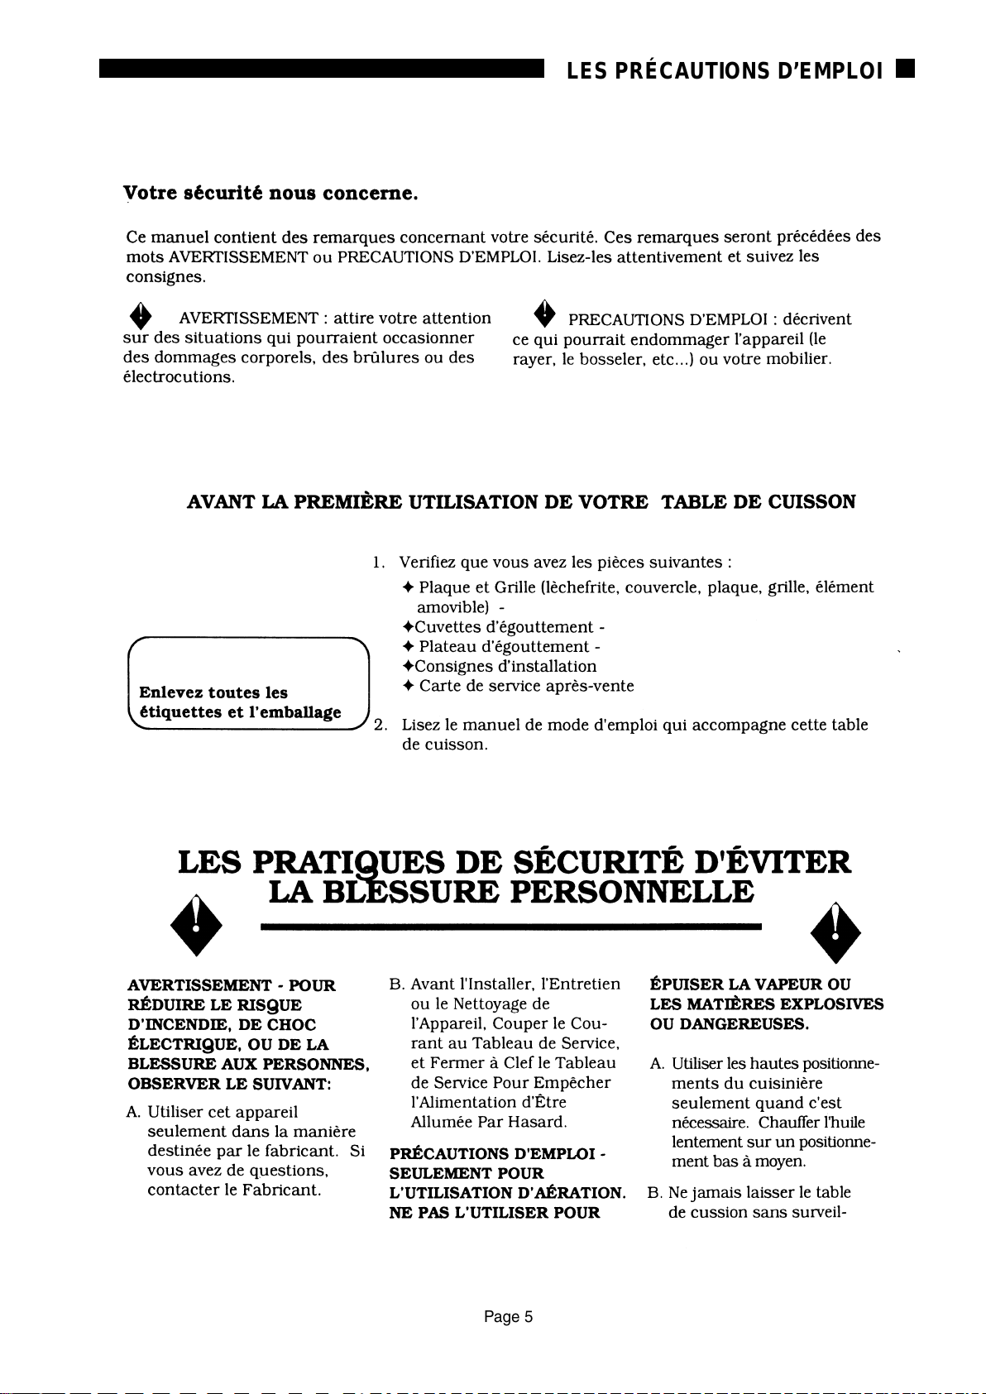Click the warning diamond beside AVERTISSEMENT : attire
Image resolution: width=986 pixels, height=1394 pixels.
(x=142, y=317)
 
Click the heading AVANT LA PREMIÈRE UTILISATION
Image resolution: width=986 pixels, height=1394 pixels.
(x=521, y=502)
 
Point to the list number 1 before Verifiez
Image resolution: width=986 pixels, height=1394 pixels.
(x=378, y=563)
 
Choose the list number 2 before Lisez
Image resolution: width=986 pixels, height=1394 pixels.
(x=380, y=726)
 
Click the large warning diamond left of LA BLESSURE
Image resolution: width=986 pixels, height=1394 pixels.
(x=194, y=925)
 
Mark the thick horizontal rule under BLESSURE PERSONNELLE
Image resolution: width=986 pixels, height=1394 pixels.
(x=510, y=928)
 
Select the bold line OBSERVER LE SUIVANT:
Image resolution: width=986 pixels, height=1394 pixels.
(x=229, y=1083)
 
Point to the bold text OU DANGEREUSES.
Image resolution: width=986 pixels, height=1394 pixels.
(x=729, y=1024)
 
